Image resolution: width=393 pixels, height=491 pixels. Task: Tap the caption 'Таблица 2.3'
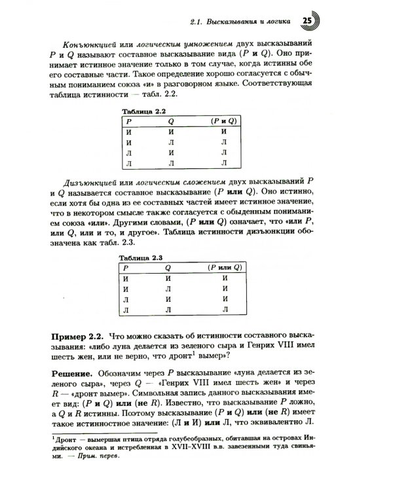145,258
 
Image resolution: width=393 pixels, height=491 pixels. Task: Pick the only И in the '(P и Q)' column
223,132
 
